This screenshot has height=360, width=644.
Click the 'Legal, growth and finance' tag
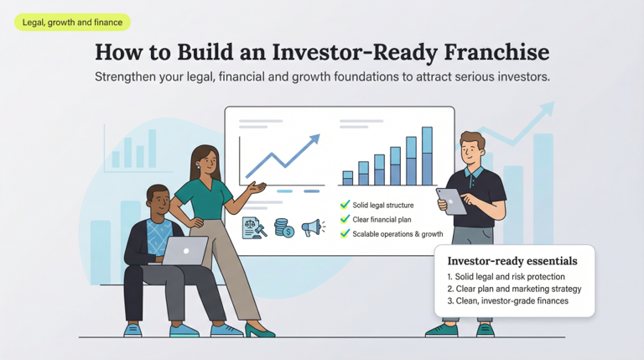point(72,23)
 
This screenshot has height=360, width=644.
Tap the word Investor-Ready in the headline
point(345,52)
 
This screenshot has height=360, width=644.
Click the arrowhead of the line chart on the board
point(314,139)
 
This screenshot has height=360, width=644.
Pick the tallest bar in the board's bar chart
point(427,156)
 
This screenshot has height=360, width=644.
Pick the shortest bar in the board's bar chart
point(347,177)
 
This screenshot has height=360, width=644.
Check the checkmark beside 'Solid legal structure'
point(344,205)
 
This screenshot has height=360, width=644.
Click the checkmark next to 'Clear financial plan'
point(344,219)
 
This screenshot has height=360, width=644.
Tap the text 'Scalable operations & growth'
point(397,233)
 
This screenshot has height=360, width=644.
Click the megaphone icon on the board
point(312,227)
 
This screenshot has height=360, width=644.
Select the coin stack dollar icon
point(284,227)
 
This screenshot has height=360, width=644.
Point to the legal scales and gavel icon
point(253,227)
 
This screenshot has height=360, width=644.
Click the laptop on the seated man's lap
point(185,250)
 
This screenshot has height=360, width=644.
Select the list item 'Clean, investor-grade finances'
point(507,300)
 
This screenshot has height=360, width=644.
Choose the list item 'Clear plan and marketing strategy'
point(514,289)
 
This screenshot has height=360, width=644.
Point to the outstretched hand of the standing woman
point(260,186)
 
